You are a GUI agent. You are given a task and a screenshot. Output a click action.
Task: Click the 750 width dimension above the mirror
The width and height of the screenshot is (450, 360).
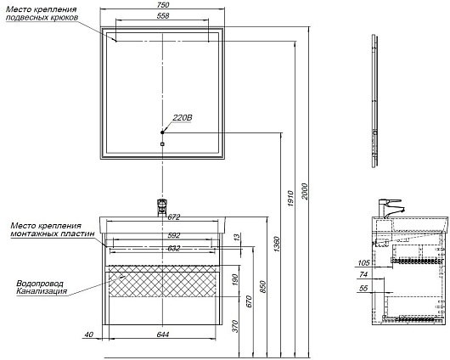163,4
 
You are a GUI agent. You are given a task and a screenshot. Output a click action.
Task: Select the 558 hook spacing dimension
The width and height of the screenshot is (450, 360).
163,16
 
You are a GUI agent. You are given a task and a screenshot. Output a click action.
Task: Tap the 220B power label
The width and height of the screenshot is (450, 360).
183,118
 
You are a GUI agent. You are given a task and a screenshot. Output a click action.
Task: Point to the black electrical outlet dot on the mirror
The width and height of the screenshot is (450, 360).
162,132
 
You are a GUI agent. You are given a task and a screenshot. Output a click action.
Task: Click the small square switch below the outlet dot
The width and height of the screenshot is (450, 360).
162,144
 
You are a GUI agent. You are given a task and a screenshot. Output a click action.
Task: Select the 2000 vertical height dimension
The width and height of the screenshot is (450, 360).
305,192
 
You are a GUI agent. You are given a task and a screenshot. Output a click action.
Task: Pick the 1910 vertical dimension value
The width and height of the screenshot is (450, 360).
290,199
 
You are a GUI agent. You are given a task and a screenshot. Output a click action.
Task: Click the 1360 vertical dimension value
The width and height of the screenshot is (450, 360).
277,245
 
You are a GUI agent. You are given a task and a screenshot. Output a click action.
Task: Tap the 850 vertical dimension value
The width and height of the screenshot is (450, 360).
263,287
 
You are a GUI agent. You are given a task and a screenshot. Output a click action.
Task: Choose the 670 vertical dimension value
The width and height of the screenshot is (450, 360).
249,301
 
